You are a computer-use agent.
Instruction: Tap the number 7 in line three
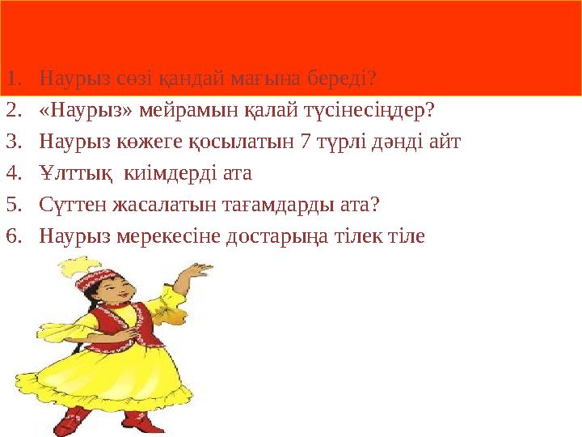305,142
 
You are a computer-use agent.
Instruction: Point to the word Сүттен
69,205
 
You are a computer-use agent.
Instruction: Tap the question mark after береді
371,78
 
